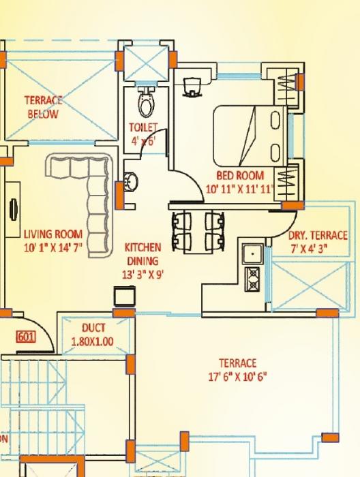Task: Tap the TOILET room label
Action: (x=143, y=127)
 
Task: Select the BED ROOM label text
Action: (x=239, y=176)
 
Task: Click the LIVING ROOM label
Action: (x=52, y=234)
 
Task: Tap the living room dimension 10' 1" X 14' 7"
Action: (x=52, y=247)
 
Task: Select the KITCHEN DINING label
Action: (x=142, y=253)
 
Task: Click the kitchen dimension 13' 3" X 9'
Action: (x=142, y=274)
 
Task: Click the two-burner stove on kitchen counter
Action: (x=253, y=277)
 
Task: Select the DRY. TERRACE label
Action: (x=318, y=236)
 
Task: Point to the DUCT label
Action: (x=93, y=328)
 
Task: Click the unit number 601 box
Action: (x=25, y=336)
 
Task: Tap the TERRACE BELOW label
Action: (x=43, y=107)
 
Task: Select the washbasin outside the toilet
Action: (x=131, y=183)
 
